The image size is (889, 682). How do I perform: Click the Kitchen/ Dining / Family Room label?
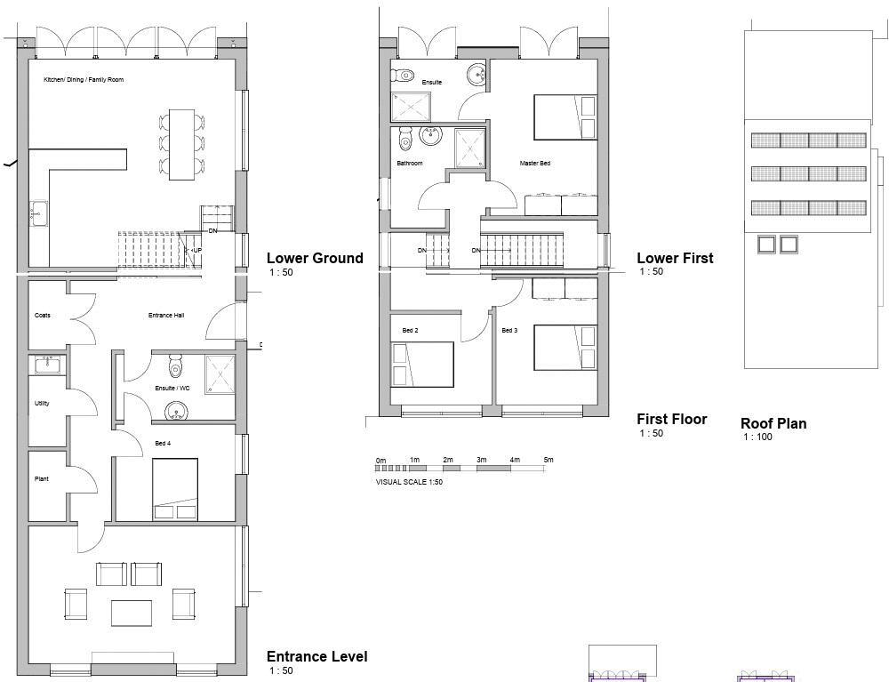coord(84,80)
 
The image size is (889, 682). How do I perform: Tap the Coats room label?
coord(43,316)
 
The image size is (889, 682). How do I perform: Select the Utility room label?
coord(42,404)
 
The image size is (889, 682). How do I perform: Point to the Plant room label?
coord(42,479)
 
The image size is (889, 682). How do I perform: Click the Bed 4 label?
coord(163,443)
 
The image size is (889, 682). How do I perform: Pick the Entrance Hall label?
coord(166,316)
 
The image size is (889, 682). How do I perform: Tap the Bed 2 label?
coord(410,331)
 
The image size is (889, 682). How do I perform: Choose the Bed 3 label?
coord(509,331)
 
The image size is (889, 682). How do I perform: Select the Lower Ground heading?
coord(315,259)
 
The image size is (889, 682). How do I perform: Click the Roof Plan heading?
coord(773,424)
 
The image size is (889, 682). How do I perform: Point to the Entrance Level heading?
coord(317,657)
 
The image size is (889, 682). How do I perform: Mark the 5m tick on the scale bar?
coord(549,460)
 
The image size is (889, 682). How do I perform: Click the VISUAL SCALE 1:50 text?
coord(409,482)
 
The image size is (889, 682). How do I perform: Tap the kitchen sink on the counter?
coord(39,213)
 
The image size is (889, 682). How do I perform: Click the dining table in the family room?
coord(182,144)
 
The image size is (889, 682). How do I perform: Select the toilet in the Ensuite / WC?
coord(175,367)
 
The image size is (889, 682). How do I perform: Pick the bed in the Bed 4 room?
coord(174,488)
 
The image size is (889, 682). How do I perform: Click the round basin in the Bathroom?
coord(431,136)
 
